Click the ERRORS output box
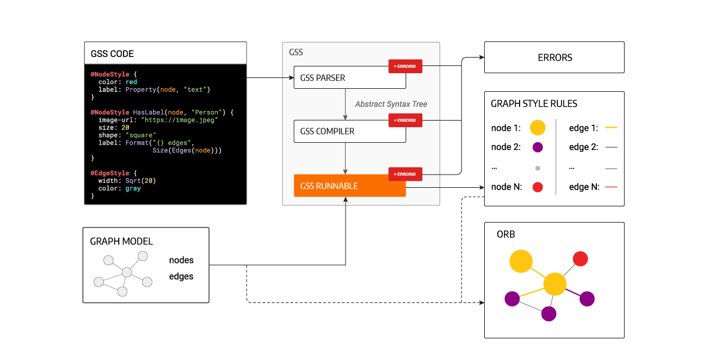pyautogui.click(x=554, y=58)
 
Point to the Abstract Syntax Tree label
pyautogui.click(x=391, y=104)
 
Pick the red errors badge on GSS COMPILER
pyautogui.click(x=406, y=121)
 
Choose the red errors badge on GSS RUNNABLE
pyautogui.click(x=406, y=174)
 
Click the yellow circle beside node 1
pyautogui.click(x=538, y=127)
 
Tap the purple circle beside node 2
pyautogui.click(x=538, y=147)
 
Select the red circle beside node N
pyautogui.click(x=538, y=187)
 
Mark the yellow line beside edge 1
pyautogui.click(x=611, y=128)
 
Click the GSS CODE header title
pyautogui.click(x=112, y=53)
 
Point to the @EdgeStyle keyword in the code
pyautogui.click(x=109, y=173)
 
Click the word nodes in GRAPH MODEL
pyautogui.click(x=181, y=260)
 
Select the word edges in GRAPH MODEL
pyautogui.click(x=181, y=277)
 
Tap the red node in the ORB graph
pyautogui.click(x=580, y=259)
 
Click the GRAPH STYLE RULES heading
pyautogui.click(x=534, y=104)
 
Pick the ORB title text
pyautogui.click(x=506, y=234)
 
